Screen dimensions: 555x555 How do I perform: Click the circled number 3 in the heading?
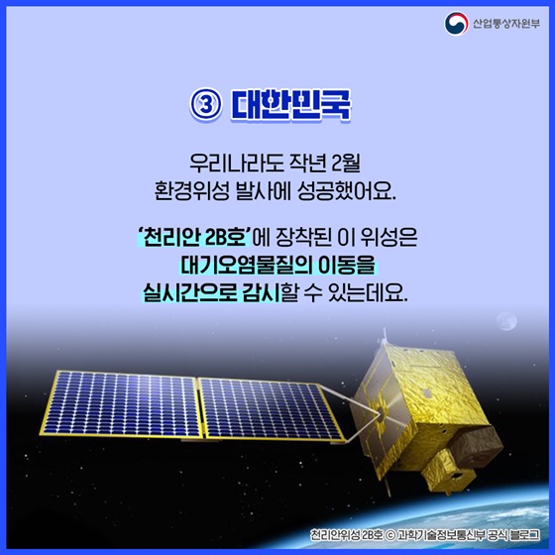tap(203, 105)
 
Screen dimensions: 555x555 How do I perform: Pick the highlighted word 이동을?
tap(347, 267)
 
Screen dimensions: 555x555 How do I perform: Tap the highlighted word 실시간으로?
tap(190, 293)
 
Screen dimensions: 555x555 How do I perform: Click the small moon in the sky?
tap(508, 321)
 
